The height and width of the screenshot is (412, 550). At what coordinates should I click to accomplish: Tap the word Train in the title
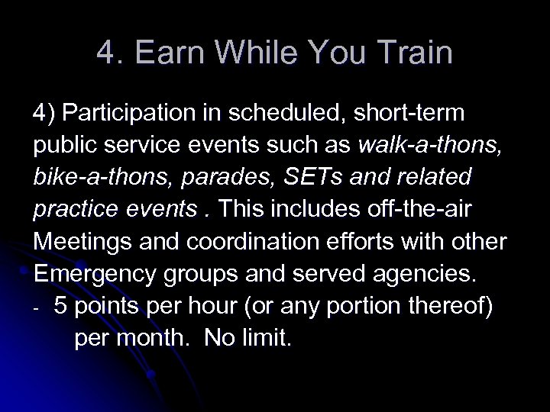click(416, 53)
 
